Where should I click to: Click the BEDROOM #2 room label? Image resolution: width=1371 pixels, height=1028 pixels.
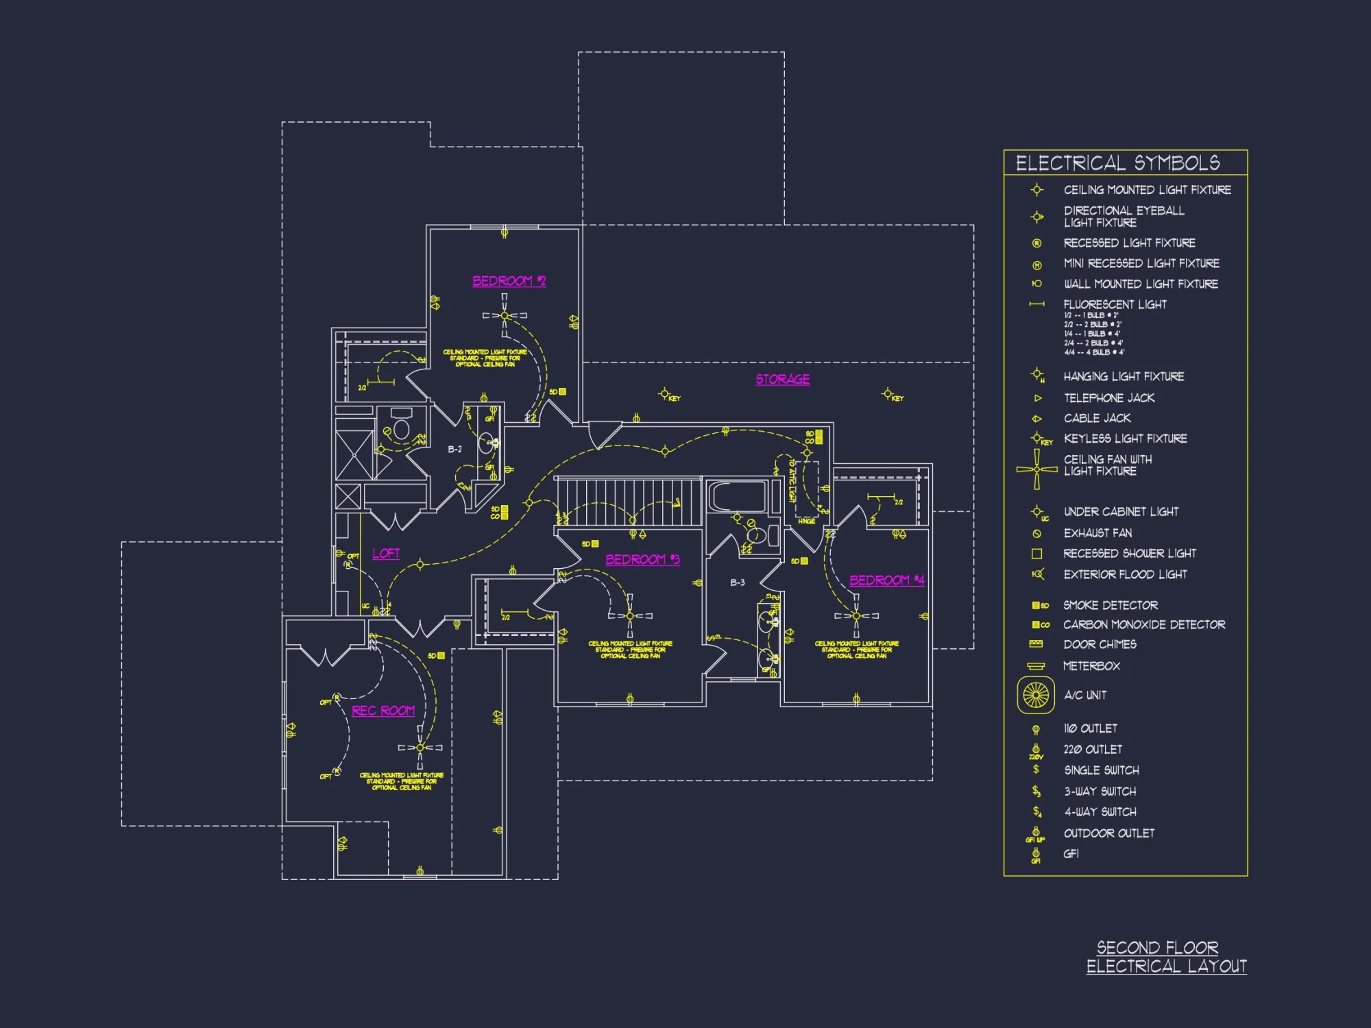tap(509, 281)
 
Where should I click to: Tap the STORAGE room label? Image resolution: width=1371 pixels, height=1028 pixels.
tap(782, 379)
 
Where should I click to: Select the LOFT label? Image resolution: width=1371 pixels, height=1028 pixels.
tap(386, 553)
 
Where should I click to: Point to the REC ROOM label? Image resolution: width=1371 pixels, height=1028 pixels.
tap(383, 711)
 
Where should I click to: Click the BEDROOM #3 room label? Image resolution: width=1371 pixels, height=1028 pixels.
tap(642, 559)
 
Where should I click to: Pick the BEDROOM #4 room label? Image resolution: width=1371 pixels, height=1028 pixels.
tap(886, 580)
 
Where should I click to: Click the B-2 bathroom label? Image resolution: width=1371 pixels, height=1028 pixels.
tap(454, 450)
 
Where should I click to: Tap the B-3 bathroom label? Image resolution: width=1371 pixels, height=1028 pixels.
tap(737, 583)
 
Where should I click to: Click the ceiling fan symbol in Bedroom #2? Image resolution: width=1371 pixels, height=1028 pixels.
tap(505, 315)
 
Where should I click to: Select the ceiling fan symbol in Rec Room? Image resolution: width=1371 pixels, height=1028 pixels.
tap(420, 747)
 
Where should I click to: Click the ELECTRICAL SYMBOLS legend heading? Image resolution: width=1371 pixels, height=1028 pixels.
tap(1117, 163)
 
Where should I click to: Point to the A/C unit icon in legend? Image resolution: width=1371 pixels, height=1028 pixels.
tap(1036, 695)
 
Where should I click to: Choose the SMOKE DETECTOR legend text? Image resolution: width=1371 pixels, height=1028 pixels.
tap(1110, 605)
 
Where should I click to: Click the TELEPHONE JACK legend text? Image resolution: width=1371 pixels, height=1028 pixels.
tap(1108, 397)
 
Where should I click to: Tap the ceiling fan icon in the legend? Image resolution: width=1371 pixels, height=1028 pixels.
tap(1036, 469)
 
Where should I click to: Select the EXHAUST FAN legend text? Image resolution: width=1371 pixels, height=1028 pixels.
tap(1097, 533)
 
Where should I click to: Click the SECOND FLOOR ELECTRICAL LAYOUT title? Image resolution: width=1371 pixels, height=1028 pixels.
tap(1165, 957)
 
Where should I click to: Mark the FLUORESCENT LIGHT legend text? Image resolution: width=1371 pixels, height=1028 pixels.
tap(1115, 304)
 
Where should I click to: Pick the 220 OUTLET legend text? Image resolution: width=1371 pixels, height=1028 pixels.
tap(1093, 749)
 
